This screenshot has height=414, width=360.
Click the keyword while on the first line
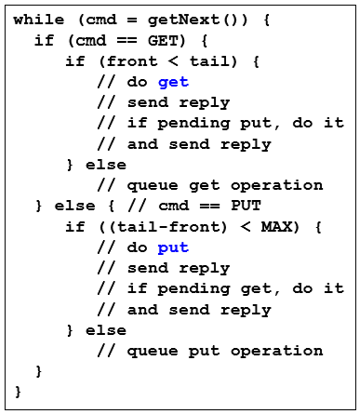click(x=34, y=20)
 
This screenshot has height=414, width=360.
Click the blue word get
click(x=173, y=82)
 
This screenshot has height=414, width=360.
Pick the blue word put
click(x=173, y=247)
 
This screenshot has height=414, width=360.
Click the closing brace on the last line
click(x=18, y=392)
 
